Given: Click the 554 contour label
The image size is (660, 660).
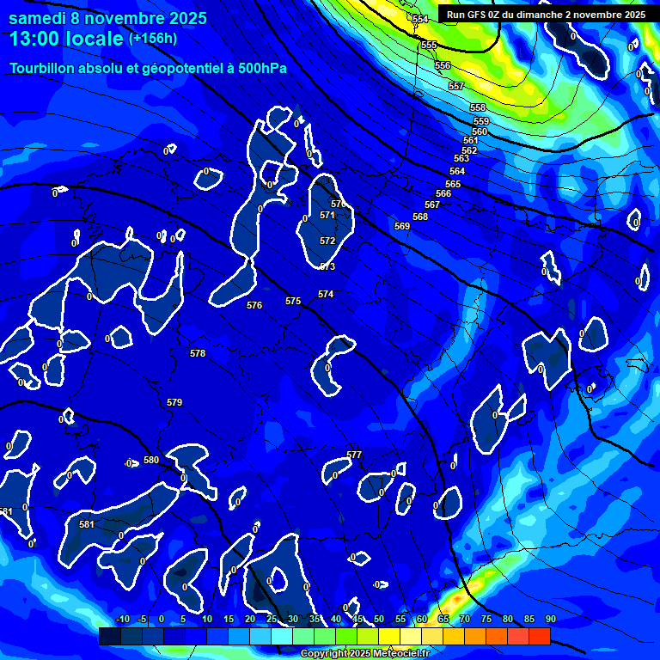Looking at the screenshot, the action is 419,19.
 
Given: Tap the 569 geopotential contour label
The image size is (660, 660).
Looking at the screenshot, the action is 402,226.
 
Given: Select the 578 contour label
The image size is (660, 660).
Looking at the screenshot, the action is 198,353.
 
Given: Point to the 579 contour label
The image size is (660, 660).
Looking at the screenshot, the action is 174,402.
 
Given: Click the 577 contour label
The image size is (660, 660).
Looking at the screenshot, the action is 354,455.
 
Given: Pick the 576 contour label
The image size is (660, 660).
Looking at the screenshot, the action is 254,305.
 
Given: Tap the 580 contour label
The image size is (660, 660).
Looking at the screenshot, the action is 151,460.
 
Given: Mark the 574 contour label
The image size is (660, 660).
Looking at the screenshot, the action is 326,294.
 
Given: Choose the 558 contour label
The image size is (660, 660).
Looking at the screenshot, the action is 478,107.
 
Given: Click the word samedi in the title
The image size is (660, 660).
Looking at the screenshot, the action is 40,16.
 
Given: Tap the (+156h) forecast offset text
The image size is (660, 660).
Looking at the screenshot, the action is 153,39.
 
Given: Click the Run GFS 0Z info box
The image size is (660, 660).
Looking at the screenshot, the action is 546,15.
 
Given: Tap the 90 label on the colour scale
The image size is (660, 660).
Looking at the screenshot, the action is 550,619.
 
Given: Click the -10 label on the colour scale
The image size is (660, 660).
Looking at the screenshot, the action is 122,619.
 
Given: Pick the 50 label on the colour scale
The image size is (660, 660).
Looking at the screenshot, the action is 378,619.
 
